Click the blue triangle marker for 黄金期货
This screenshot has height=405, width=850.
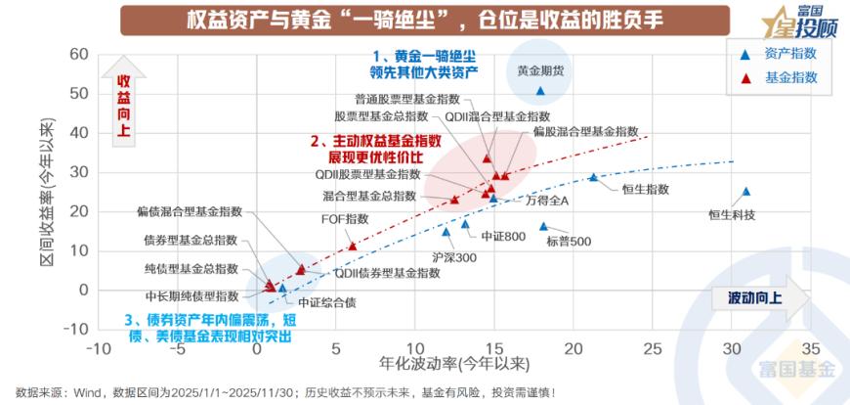(540, 91)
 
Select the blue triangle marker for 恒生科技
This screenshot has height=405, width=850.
(745, 192)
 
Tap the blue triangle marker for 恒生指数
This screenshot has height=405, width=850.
(593, 177)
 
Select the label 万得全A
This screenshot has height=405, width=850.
(547, 200)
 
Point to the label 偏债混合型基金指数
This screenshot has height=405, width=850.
(189, 210)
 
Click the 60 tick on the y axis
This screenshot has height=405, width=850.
(78, 54)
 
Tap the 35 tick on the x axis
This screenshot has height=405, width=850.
(810, 348)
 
